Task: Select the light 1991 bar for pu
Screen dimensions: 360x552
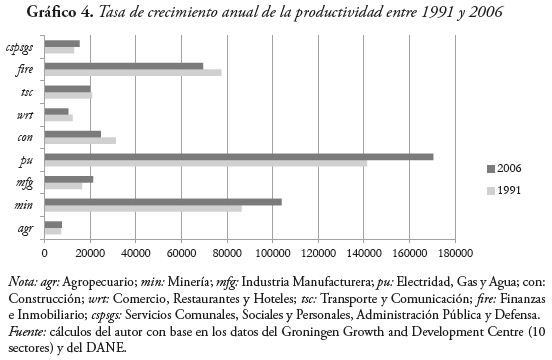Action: pyautogui.click(x=205, y=163)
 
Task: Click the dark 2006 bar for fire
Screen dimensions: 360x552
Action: pyautogui.click(x=123, y=66)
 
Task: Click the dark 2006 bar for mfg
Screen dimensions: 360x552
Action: pyautogui.click(x=68, y=179)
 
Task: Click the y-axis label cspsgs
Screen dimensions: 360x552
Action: pyautogui.click(x=20, y=47)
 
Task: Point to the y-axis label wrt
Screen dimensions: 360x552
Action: pyautogui.click(x=27, y=115)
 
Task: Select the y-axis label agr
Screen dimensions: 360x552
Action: pyautogui.click(x=27, y=228)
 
